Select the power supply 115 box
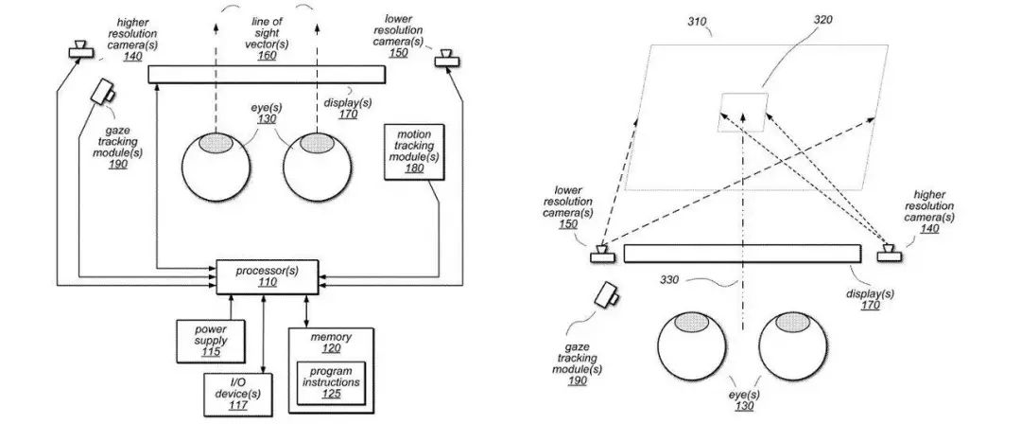[210, 341]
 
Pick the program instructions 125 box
[331, 382]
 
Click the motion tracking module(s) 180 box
[414, 151]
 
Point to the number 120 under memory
[332, 349]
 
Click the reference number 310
[697, 22]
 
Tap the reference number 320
[823, 20]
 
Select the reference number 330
[668, 281]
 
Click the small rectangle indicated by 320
[744, 113]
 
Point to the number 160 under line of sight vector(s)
[267, 56]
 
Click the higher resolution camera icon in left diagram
[81, 49]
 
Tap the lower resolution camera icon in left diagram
[446, 58]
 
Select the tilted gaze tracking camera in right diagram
[610, 297]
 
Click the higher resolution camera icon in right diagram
[890, 252]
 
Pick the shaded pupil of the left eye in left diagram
[216, 143]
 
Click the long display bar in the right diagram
[742, 254]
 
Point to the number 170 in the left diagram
[348, 115]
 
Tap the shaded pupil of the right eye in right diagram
[793, 322]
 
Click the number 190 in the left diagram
[118, 165]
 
